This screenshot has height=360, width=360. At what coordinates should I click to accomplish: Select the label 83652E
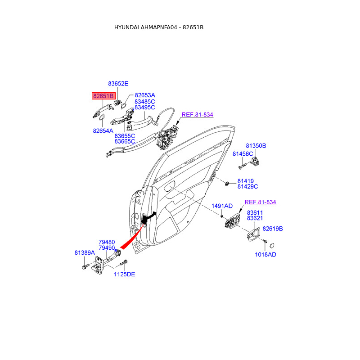coord(118,84)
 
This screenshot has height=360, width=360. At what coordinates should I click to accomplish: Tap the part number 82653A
coord(145,95)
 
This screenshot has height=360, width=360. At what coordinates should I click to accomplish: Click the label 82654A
coord(103,130)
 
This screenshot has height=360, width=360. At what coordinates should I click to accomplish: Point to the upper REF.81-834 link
coord(197,115)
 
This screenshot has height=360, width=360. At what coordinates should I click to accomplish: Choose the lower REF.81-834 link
coord(260,202)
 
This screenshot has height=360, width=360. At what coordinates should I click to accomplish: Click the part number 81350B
coord(256,146)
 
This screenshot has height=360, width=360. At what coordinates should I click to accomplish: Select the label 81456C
coord(243,154)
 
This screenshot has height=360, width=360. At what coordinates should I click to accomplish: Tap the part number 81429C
coord(247,186)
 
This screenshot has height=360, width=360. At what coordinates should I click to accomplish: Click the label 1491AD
coord(222,206)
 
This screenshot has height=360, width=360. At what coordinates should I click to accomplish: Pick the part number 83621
coord(254,218)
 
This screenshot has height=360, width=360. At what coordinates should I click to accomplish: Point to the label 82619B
coord(273,229)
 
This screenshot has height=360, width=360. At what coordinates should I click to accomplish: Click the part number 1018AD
coord(265,254)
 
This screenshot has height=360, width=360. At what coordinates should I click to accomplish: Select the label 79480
coord(107,242)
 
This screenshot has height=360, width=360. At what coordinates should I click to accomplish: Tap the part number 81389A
coord(85,253)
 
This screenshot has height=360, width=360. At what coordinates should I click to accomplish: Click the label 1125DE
coord(124,274)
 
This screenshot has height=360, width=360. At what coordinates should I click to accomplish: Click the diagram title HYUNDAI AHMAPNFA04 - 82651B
coord(159,27)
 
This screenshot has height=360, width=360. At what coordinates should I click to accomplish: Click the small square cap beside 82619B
coord(273,245)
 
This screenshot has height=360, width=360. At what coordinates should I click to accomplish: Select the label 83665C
coord(125,141)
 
